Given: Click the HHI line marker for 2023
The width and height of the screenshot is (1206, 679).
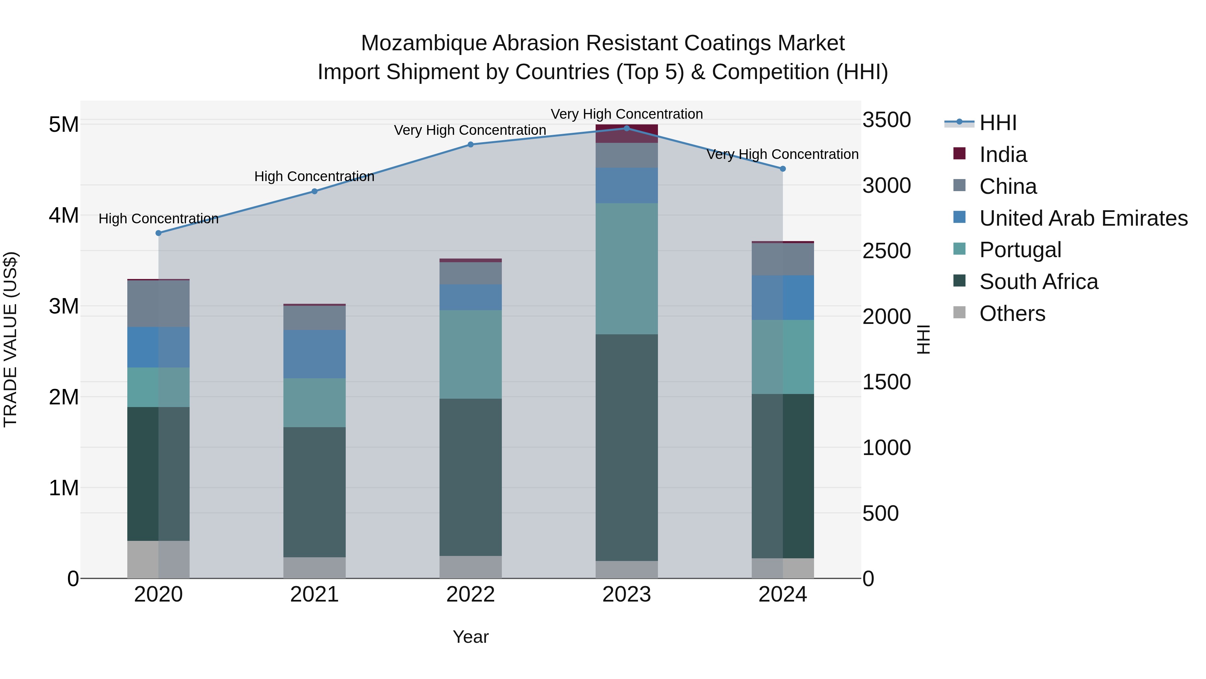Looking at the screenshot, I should pyautogui.click(x=626, y=128).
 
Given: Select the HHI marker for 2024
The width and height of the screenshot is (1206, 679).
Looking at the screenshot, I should pyautogui.click(x=783, y=169).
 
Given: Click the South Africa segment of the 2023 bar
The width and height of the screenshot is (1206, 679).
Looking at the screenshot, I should pyautogui.click(x=626, y=448).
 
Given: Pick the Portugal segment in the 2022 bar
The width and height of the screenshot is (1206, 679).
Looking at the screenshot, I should pyautogui.click(x=471, y=354).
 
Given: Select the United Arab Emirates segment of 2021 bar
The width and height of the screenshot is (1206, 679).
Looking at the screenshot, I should pyautogui.click(x=314, y=354).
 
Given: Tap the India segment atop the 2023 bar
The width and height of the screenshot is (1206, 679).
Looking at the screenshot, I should pyautogui.click(x=626, y=133).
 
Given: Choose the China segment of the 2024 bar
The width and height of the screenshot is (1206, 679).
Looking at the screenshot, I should pyautogui.click(x=783, y=259).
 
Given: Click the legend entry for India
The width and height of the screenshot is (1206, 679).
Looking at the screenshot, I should pyautogui.click(x=1003, y=155).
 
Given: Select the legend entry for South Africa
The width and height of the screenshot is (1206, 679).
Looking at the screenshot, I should pyautogui.click(x=1038, y=282).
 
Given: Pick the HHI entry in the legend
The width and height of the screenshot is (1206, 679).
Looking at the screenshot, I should pyautogui.click(x=998, y=123).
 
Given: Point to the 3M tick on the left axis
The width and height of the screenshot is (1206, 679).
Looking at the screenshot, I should pyautogui.click(x=64, y=306).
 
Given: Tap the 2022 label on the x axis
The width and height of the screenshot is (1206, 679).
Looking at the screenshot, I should pyautogui.click(x=471, y=595).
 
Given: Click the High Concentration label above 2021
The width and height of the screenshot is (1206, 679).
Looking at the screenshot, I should pyautogui.click(x=314, y=177).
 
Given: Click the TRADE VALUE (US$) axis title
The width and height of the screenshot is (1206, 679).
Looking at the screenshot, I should pyautogui.click(x=10, y=339).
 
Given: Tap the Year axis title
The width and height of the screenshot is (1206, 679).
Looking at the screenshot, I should pyautogui.click(x=471, y=637).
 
